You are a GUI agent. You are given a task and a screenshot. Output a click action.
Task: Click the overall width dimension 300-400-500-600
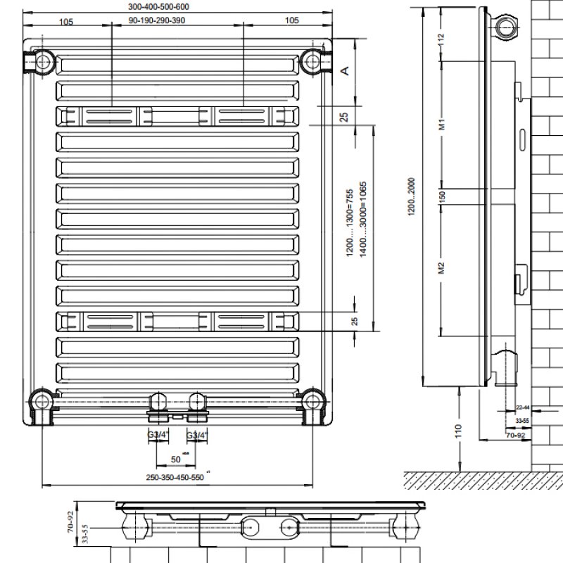[159, 6]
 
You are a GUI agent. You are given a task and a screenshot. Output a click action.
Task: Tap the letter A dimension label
[345, 70]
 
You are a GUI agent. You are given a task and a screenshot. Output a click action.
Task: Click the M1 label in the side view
[443, 126]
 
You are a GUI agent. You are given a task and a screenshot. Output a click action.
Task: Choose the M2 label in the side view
[443, 268]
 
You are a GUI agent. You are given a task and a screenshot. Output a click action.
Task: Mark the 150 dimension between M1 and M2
[443, 197]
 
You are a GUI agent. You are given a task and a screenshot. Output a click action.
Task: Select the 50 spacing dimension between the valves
[176, 459]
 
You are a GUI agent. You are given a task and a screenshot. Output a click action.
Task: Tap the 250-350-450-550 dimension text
[175, 477]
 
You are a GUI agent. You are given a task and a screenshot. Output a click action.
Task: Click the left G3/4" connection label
[156, 435]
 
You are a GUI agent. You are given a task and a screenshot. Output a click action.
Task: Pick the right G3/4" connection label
[196, 435]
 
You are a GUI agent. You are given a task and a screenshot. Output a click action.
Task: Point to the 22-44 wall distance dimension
[523, 407]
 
